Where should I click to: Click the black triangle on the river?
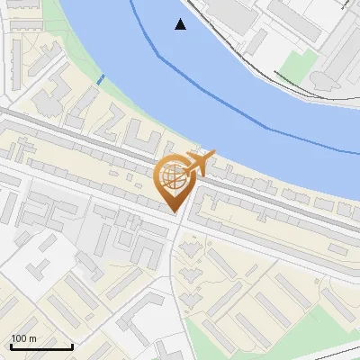click(x=181, y=24)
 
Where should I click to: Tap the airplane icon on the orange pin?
click(x=199, y=163)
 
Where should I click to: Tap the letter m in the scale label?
click(x=33, y=338)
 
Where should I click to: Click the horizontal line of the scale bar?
click(x=41, y=346)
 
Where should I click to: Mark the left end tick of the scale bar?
click(x=11, y=345)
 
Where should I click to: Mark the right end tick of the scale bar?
click(x=72, y=345)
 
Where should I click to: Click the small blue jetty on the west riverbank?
click(x=100, y=78)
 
